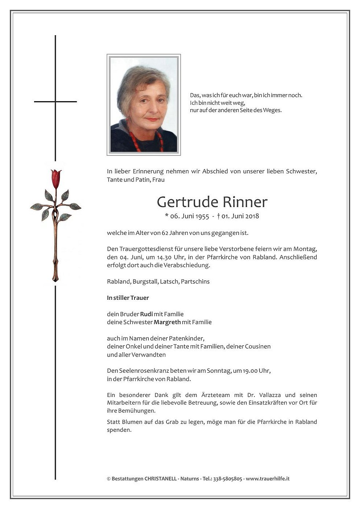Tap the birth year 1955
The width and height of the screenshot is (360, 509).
point(202,216)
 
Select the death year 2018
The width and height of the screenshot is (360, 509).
point(252,216)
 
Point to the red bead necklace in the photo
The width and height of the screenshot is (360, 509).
point(134,140)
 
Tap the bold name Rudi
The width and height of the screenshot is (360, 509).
point(146,314)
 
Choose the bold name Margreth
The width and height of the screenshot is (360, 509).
point(167,322)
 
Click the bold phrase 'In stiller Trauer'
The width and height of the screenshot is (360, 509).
point(128,298)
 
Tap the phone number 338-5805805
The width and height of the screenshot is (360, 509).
point(228,479)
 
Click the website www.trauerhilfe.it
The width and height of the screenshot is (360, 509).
point(268,479)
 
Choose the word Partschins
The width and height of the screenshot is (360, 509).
point(195,282)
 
